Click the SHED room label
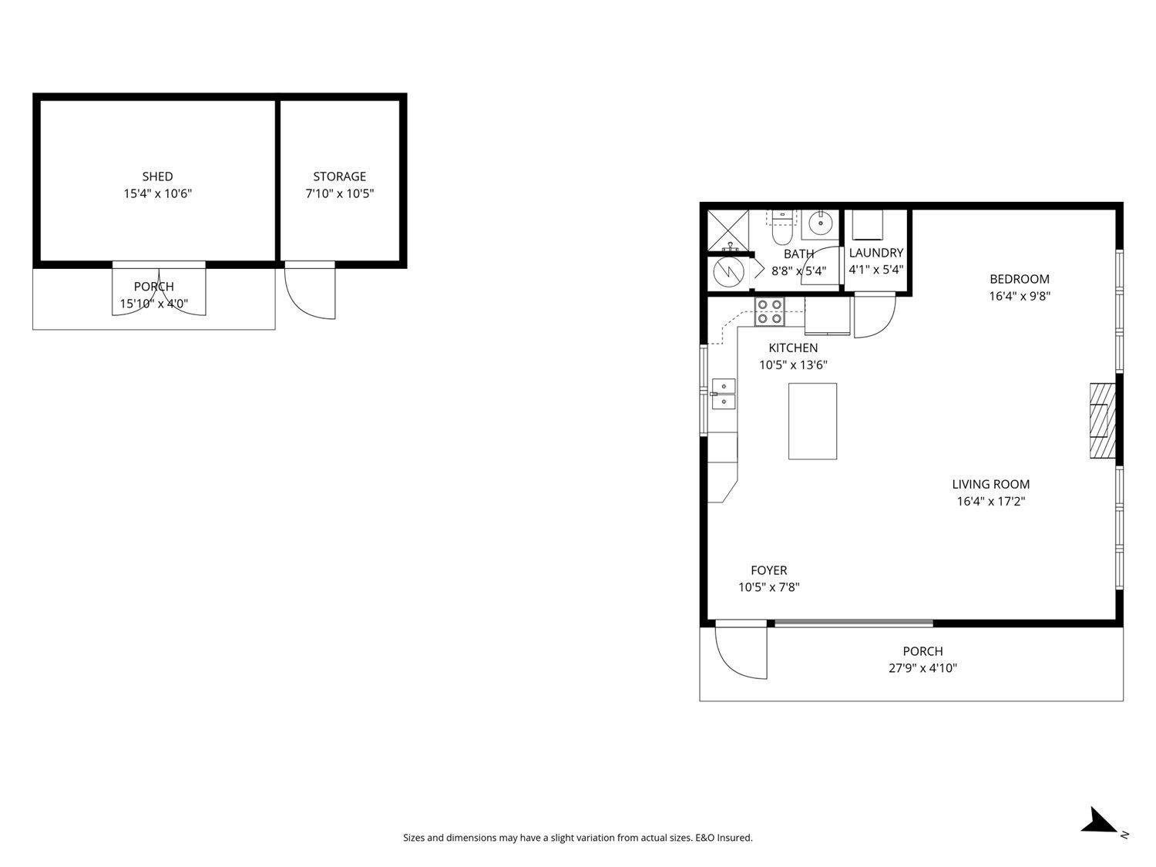coord(157,176)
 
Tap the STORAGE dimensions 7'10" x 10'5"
coord(339,193)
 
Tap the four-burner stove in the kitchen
coord(769,311)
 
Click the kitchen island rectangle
coord(812,421)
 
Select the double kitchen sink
coord(723,393)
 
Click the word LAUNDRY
coord(875,253)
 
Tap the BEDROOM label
coord(1019,279)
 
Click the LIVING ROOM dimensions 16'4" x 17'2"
coord(990,502)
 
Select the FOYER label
coord(768,570)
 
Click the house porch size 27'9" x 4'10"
coord(922,668)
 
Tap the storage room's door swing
coord(308,293)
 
